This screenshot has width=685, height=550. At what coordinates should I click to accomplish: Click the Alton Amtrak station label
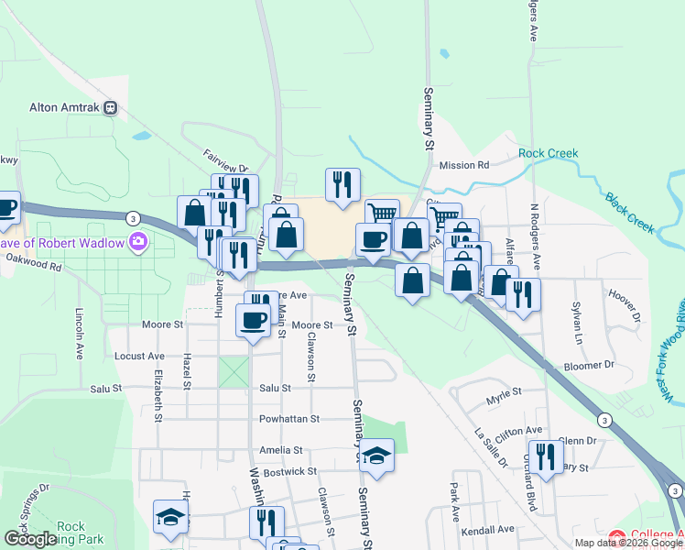point(64,107)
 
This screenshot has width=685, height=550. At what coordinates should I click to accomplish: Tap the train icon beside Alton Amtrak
point(110,107)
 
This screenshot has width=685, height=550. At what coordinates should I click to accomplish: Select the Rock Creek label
point(549,153)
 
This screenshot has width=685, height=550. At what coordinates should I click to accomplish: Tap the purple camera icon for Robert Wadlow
point(138,242)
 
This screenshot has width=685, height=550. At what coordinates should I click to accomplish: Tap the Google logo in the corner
point(30,539)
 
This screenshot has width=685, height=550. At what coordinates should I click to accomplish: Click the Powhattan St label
point(288,419)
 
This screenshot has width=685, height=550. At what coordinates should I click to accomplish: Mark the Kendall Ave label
point(488,530)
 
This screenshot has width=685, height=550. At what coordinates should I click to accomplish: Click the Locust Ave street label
point(139,356)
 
